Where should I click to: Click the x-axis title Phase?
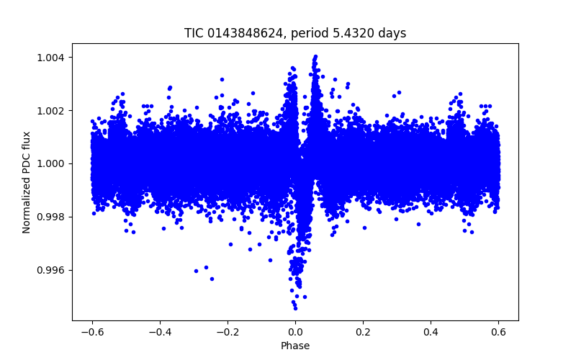pyautogui.click(x=295, y=346)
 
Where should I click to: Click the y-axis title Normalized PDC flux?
pyautogui.click(x=27, y=182)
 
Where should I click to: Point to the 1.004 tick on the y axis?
pyautogui.click(x=55, y=58)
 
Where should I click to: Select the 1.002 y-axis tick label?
pyautogui.click(x=55, y=111)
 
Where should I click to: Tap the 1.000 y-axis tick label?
pyautogui.click(x=55, y=163)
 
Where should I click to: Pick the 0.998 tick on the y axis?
pyautogui.click(x=55, y=217)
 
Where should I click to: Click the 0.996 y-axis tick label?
pyautogui.click(x=55, y=270)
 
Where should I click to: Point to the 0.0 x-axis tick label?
pyautogui.click(x=295, y=331)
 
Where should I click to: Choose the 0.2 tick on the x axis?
pyautogui.click(x=363, y=331)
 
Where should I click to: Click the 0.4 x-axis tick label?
pyautogui.click(x=431, y=331)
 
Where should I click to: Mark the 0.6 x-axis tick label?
pyautogui.click(x=498, y=331)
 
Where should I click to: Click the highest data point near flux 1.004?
pyautogui.click(x=315, y=56)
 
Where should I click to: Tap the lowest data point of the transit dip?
pyautogui.click(x=295, y=308)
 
